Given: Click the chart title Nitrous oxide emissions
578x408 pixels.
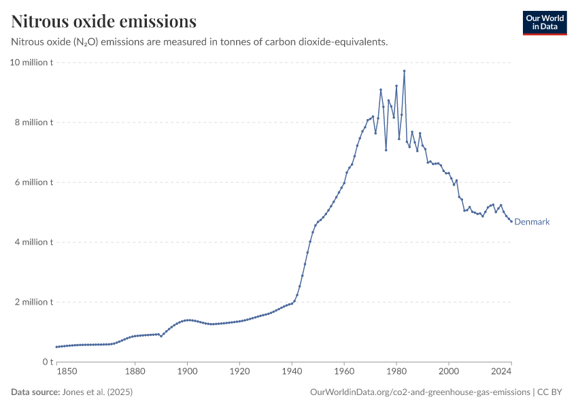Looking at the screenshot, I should click(104, 22).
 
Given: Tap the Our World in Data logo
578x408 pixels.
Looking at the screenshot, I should click(544, 22).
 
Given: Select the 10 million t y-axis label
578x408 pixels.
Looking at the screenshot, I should click(31, 63).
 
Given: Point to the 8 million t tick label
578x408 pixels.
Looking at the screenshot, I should click(33, 122).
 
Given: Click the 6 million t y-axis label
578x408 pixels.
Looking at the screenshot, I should click(33, 182).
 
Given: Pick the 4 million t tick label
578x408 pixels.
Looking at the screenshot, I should click(33, 242).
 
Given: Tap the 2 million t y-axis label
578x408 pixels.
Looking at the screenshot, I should click(33, 302).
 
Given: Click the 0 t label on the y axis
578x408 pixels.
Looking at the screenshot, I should click(48, 362).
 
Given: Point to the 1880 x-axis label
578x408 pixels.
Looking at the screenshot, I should click(135, 371).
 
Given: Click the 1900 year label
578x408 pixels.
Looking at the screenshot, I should click(188, 371).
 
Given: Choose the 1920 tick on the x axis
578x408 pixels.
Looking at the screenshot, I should click(240, 371).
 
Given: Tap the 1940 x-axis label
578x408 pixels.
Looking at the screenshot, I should click(292, 371).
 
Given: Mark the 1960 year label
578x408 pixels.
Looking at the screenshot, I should click(344, 371).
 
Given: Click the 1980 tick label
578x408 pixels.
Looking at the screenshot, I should click(396, 371).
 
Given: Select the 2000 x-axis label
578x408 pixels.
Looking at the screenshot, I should click(449, 371).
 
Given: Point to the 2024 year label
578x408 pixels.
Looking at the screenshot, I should click(501, 371).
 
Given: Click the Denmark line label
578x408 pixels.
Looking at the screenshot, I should click(532, 222).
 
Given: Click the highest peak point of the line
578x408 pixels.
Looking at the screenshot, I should click(404, 71).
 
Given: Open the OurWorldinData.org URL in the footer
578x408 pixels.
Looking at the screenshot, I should click(420, 392).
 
